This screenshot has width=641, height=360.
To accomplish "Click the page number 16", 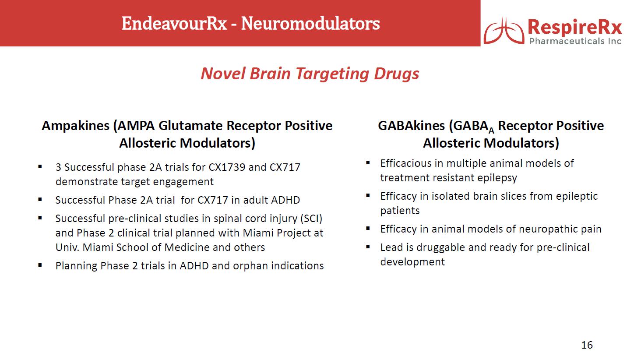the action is pos(587,345).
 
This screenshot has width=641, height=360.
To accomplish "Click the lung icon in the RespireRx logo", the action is pos(504,31).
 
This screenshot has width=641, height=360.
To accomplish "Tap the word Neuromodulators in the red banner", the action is pos(310,23).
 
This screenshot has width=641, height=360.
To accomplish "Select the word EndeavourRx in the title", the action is pos(174,23).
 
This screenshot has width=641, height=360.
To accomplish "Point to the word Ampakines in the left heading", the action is pos(76,126).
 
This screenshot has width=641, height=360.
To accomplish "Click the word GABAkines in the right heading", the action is pos(412,126).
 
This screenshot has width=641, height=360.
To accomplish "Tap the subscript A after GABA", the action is pos(491,131).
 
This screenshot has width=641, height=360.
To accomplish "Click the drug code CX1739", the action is pos(227,167).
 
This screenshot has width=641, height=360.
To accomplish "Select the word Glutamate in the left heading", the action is pos(191,126).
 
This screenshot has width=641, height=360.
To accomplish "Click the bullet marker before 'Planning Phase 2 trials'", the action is pos(40,265).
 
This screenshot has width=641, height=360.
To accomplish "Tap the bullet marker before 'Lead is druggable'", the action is pos(368,247).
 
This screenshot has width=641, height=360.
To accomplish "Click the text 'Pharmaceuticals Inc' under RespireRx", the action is pos(575,41).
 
